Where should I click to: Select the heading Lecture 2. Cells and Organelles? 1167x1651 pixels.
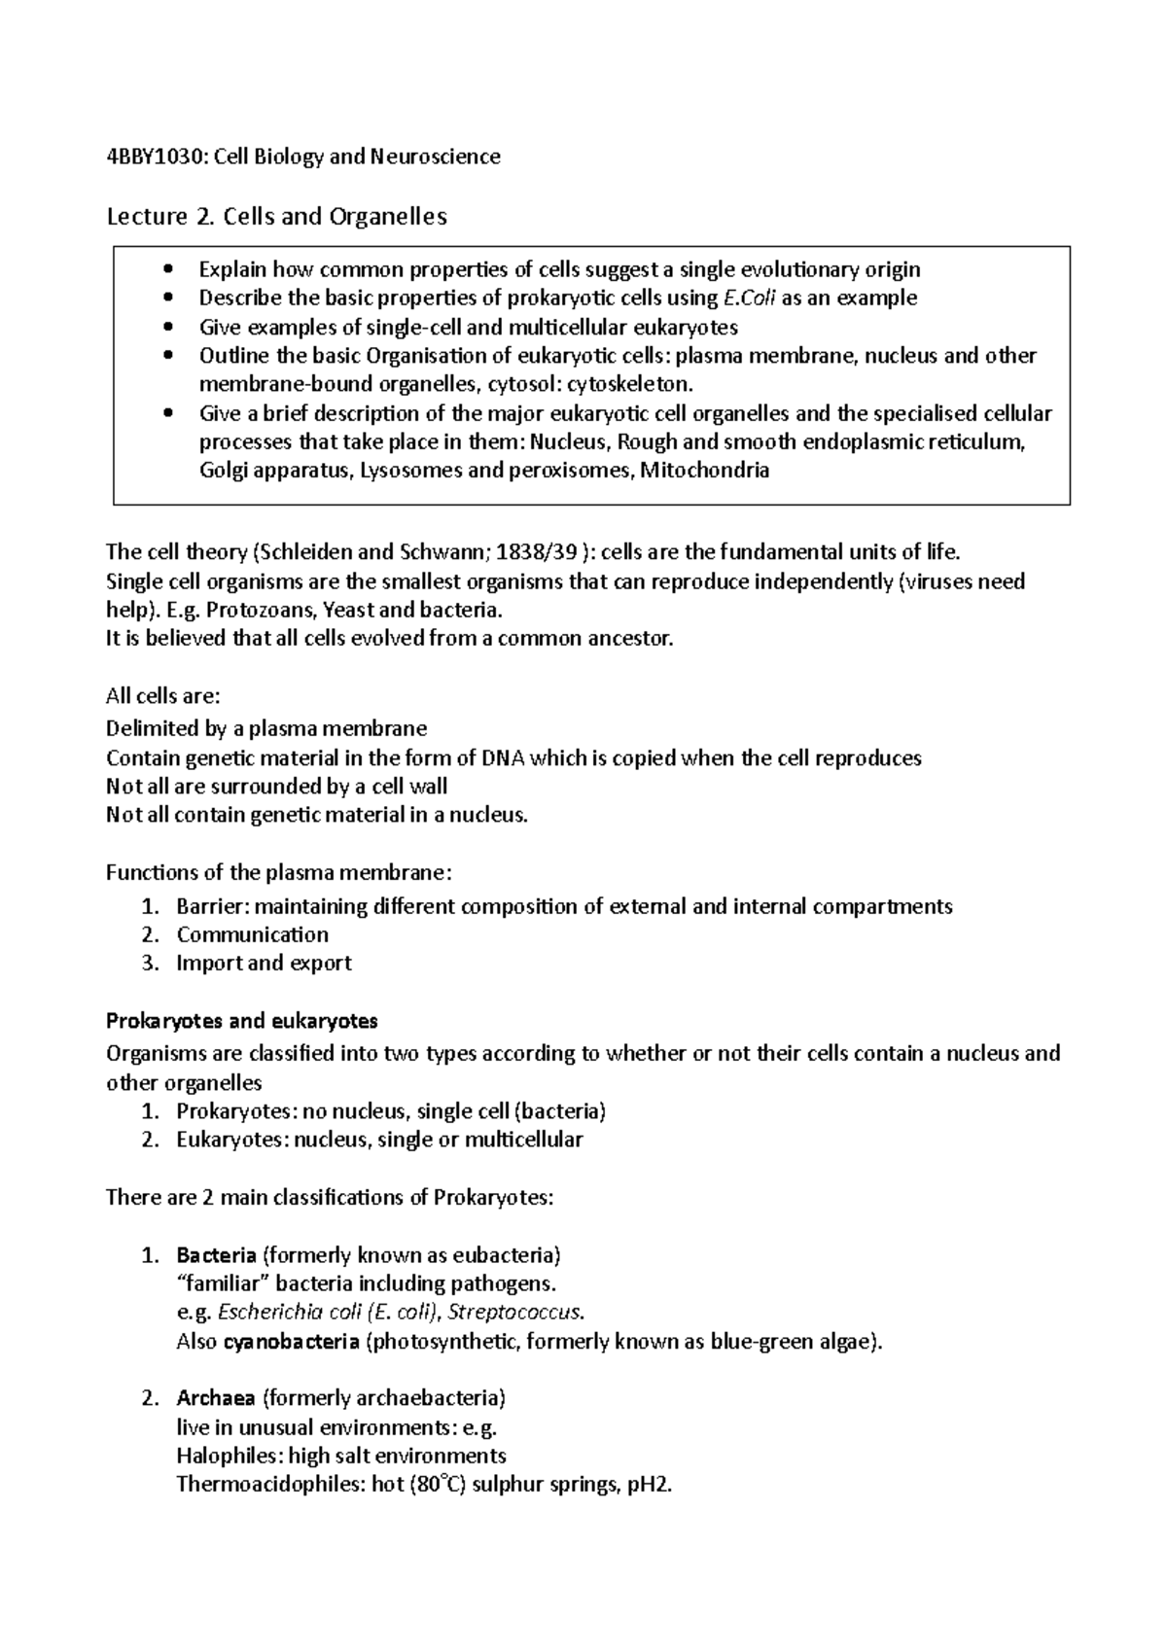[276, 216]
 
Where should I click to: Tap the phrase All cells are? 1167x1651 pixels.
[162, 696]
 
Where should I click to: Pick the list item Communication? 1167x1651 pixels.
[252, 934]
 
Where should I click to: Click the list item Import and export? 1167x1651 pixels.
[264, 963]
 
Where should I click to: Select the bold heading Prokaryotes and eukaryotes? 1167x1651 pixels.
[241, 1021]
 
